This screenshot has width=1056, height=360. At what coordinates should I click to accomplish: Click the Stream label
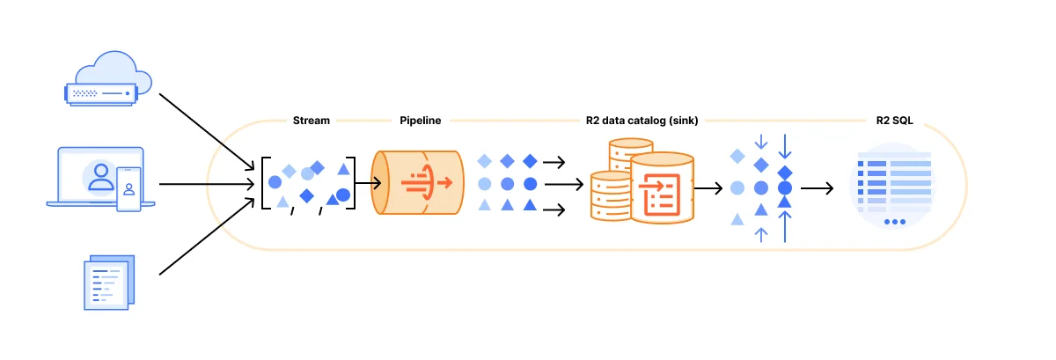pos(312,121)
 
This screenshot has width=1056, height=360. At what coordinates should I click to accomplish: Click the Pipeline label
pos(420,121)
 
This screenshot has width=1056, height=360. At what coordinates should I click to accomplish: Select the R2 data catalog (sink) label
pos(642,121)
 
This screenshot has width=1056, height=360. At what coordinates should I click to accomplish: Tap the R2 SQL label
pos(894,121)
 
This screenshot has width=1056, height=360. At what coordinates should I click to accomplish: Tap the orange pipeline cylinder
pos(419,183)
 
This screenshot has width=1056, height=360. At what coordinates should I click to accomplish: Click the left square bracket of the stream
pos(266,183)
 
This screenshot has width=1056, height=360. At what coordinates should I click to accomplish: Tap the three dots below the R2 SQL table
pos(894,222)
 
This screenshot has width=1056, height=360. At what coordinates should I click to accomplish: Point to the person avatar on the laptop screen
pos(101,174)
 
